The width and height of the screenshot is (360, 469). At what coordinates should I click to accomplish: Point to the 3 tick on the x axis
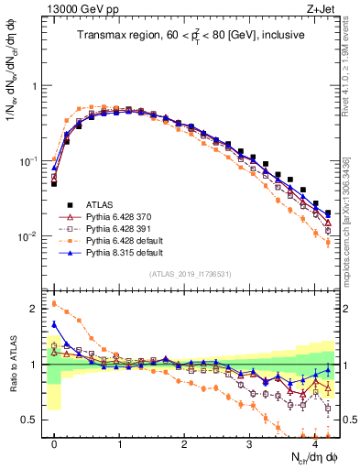pos(249,445)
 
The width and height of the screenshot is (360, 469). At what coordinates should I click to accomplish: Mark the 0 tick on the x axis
pos(54,445)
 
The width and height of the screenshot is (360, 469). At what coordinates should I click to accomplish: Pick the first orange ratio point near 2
pos(54,303)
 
